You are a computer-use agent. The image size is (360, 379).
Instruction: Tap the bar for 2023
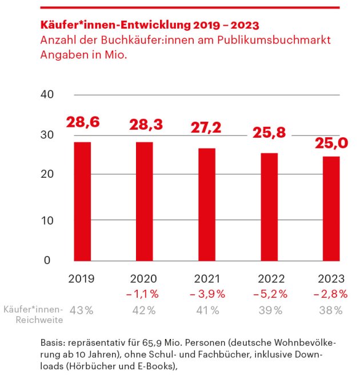(x=331, y=208)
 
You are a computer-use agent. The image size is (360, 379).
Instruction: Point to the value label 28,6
(x=82, y=122)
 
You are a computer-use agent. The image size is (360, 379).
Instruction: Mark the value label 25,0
(x=331, y=142)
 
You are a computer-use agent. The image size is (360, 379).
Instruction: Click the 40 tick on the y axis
(x=47, y=94)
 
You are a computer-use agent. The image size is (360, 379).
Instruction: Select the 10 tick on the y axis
(x=47, y=221)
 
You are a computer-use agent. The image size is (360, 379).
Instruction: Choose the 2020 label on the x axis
(x=145, y=280)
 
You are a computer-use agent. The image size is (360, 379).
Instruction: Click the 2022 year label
(x=269, y=280)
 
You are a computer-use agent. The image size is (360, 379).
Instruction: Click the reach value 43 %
(x=82, y=310)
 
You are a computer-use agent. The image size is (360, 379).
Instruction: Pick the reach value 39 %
(x=270, y=310)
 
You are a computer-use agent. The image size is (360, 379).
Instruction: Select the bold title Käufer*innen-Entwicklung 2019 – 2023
(x=150, y=26)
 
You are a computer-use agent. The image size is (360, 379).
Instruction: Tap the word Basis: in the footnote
(x=53, y=343)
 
